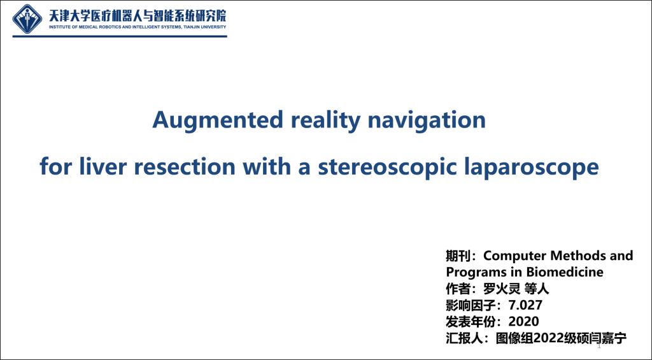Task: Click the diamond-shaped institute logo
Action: [27, 19]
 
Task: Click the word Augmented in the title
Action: [218, 120]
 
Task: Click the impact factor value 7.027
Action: [525, 305]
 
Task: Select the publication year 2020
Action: [523, 322]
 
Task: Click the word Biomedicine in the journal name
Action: [565, 272]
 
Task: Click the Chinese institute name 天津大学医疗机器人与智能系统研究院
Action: [138, 16]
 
